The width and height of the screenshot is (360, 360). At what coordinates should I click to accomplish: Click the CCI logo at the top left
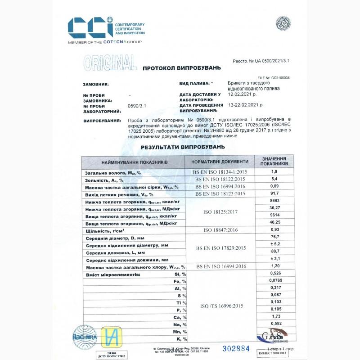pos(90,27)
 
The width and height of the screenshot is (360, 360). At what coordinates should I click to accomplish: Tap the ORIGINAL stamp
pos(110,63)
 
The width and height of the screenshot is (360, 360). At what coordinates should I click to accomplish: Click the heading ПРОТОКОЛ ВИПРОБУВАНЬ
pos(182,68)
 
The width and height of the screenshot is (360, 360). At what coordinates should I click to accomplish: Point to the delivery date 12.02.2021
pos(242,94)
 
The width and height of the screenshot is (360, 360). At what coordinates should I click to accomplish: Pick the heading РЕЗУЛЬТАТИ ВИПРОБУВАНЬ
pos(182,147)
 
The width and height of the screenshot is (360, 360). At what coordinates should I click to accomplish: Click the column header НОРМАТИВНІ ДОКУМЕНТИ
pos(220,162)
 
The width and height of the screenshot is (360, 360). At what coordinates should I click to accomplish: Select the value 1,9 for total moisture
pos(274,172)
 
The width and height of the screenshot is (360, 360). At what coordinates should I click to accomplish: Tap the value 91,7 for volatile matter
pos(274,193)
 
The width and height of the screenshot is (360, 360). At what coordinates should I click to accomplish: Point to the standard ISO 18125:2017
pos(220,212)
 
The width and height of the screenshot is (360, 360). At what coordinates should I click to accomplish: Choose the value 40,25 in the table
pos(274,222)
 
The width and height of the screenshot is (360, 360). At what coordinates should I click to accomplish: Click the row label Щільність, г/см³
pos(105,230)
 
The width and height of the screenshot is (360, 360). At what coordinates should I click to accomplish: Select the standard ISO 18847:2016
pos(220,230)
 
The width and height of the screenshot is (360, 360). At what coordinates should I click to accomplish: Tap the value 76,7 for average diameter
pos(274,237)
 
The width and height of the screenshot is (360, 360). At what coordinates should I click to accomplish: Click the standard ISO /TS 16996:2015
pos(220,306)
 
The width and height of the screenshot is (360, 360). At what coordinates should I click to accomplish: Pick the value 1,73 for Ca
pos(274,317)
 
